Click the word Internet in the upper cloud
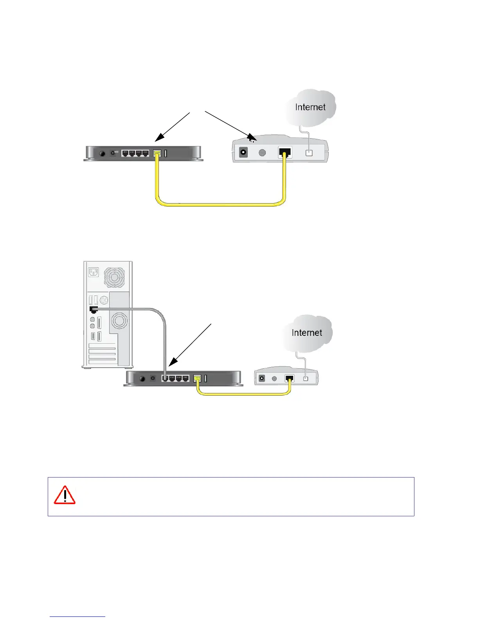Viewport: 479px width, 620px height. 310,107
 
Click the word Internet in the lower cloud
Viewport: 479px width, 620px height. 307,333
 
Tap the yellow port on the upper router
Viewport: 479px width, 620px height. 157,153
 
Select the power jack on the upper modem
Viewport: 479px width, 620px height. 243,152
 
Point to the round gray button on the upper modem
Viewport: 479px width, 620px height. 262,152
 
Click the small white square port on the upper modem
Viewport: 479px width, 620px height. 309,153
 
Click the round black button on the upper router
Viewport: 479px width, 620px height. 103,153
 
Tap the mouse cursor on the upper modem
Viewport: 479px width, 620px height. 252,139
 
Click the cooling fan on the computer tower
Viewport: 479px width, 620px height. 114,277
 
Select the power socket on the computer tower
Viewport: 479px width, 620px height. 93,272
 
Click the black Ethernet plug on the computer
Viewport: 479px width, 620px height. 93,309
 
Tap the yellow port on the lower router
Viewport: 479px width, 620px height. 197,378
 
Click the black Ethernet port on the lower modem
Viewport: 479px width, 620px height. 290,378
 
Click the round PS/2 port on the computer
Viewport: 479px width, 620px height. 104,300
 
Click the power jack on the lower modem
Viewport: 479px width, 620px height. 262,378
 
